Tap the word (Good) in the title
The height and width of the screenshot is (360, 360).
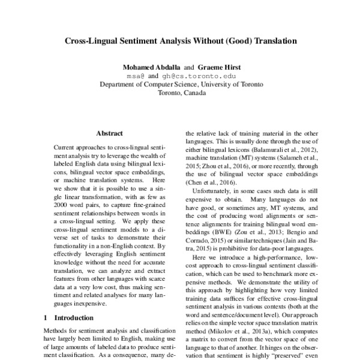point(236,42)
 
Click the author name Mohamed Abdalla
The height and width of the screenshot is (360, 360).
point(151,67)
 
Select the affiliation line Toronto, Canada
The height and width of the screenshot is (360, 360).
point(181,94)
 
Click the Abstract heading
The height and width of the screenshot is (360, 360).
point(109,133)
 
